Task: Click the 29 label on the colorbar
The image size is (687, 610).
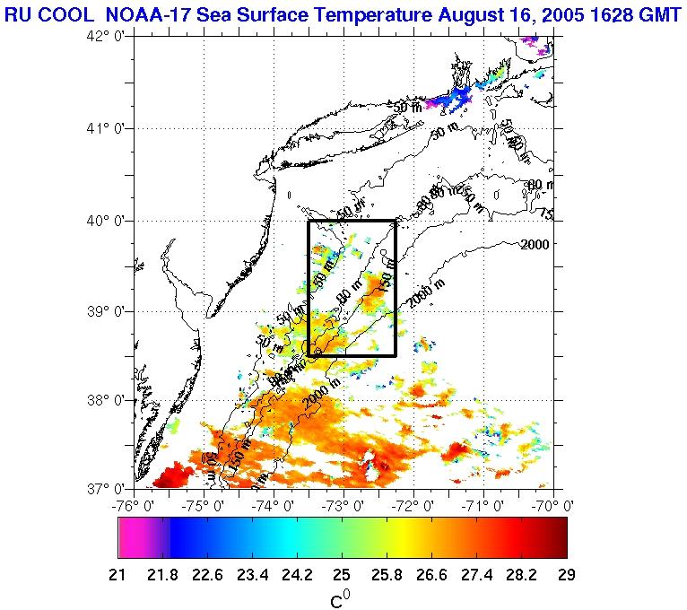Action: [567, 574]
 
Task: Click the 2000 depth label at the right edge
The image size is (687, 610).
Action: [535, 244]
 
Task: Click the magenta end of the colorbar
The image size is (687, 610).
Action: [130, 537]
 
